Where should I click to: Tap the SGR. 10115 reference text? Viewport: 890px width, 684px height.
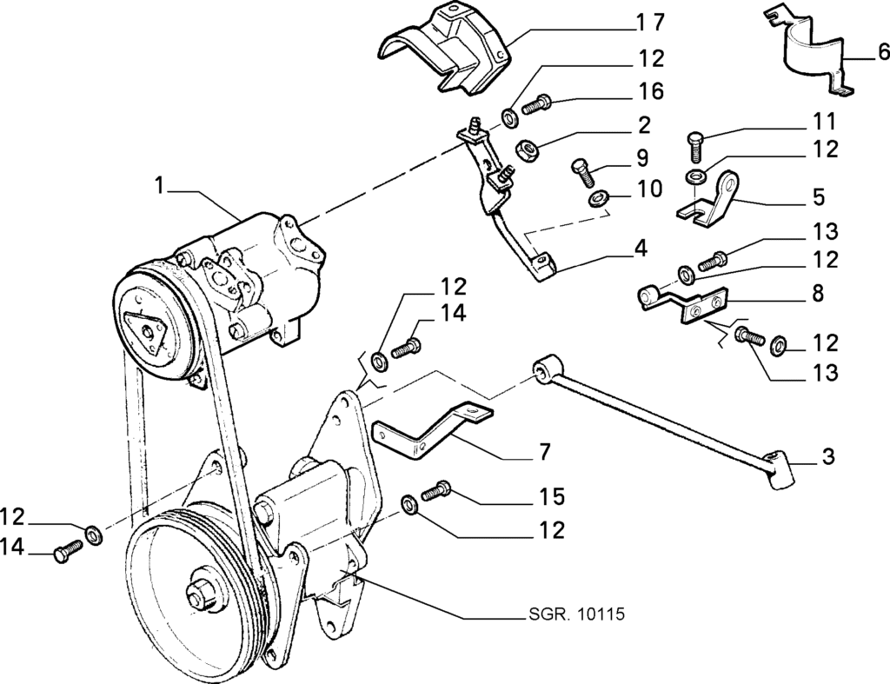point(574,614)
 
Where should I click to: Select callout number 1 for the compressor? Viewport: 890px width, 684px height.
point(160,186)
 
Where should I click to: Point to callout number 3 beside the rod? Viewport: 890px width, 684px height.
point(828,456)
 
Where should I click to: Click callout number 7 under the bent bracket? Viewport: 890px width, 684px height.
point(544,453)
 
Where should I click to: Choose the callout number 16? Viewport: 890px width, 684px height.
point(648,90)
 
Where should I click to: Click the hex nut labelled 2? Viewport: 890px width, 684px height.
point(526,150)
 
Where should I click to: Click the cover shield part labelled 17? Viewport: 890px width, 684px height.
point(449,49)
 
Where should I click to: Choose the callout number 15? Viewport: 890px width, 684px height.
point(549,496)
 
